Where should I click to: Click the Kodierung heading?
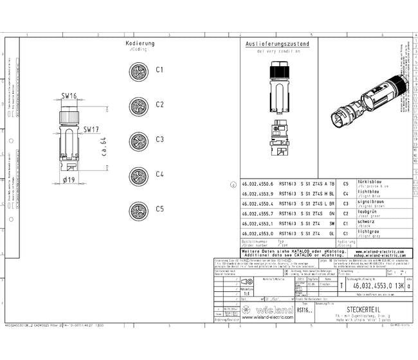141,44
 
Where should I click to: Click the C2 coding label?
160,104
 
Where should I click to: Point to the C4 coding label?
160,174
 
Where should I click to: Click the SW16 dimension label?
69,96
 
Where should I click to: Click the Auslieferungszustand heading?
277,44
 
